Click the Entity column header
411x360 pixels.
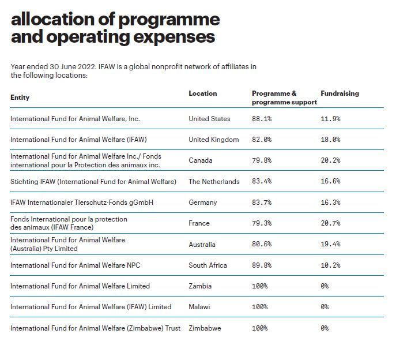(20, 97)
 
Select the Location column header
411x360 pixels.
(202, 93)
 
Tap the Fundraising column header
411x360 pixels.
(340, 93)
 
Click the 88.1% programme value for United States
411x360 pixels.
(262, 119)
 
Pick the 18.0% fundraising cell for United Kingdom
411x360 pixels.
(330, 140)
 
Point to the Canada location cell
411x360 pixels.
(200, 160)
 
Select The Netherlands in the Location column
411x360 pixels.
(214, 182)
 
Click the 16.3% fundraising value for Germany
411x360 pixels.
(330, 202)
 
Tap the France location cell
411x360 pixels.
(199, 223)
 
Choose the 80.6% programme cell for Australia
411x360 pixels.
(262, 244)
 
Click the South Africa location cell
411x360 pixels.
(208, 265)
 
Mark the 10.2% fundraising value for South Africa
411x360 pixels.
(330, 265)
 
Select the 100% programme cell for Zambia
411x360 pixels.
(260, 286)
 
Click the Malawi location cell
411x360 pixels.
(199, 307)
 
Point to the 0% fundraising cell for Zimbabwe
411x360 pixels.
(325, 328)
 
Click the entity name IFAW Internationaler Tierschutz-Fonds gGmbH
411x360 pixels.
(82, 202)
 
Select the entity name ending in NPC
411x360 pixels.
(76, 265)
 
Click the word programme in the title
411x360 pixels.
(169, 20)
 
